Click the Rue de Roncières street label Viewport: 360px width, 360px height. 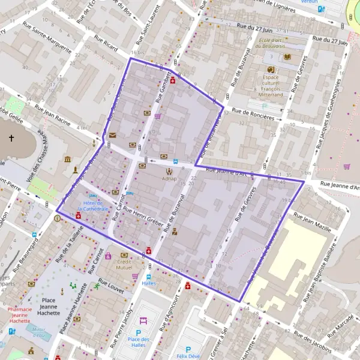point(253,114)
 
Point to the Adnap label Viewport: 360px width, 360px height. point(169,179)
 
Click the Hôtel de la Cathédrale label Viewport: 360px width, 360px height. point(96,205)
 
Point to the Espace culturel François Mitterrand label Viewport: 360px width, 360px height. point(271,86)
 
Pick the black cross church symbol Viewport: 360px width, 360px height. point(11,139)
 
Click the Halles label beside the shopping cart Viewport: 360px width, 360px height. point(149,283)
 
